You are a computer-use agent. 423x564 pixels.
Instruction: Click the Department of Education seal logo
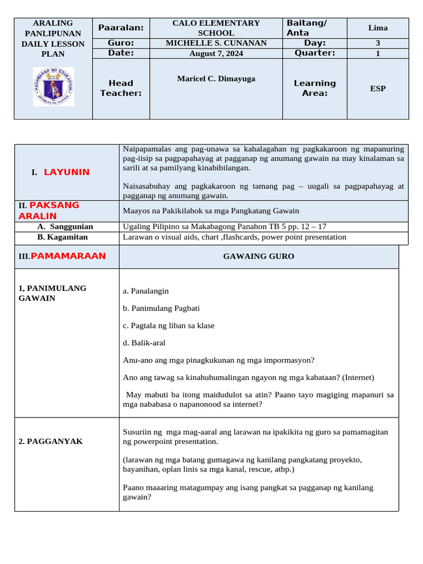53,87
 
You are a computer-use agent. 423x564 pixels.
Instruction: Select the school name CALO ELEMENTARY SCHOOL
216,28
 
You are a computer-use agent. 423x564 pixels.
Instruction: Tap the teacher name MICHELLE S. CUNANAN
216,43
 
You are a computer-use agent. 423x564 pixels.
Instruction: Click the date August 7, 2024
216,53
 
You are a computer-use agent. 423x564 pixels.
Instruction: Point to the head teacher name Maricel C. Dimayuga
216,79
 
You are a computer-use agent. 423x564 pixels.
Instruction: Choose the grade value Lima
378,28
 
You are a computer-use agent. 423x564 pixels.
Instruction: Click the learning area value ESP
378,88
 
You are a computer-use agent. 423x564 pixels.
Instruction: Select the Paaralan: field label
121,28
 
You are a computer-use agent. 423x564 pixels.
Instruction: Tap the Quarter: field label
314,53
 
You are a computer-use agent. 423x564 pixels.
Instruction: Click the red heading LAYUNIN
66,172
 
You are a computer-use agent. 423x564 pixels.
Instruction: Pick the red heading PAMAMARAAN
68,256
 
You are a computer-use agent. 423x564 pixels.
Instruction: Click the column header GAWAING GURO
258,256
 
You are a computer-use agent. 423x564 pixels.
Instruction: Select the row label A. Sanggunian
65,226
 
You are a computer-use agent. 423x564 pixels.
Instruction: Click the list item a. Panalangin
146,291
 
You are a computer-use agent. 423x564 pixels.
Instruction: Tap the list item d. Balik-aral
144,343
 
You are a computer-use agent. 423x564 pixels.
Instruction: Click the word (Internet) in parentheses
357,377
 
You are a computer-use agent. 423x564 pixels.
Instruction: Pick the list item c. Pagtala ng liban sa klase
169,326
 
